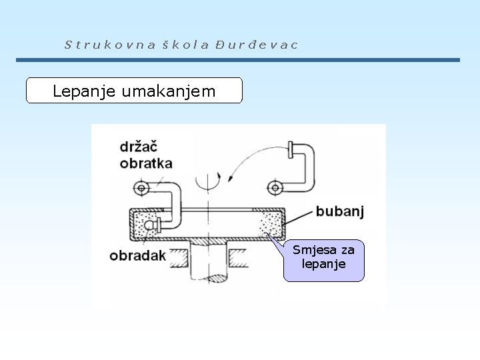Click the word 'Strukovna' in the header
110,45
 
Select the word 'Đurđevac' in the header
257,45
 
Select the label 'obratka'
147,163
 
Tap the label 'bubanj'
339,212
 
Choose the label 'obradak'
138,255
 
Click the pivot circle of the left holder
141,188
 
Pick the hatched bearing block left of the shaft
177,257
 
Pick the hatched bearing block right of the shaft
238,257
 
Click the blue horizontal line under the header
238,60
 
